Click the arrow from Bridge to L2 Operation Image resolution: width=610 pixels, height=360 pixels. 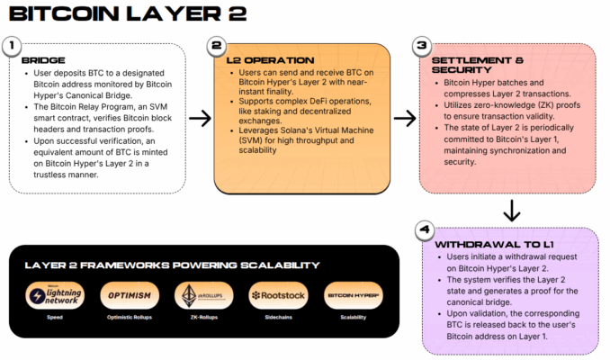click(200, 117)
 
